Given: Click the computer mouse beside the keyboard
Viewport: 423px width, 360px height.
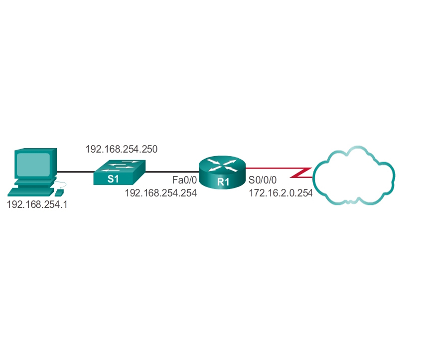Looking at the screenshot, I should (59, 192).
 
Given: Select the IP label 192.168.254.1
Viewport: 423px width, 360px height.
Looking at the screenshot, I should (37, 204).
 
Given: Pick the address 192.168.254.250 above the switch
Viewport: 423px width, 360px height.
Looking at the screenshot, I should (122, 149).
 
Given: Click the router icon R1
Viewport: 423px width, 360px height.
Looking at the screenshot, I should (222, 172).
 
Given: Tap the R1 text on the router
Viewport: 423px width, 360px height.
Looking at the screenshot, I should (223, 182).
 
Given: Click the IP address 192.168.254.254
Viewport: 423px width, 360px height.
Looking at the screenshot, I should (161, 193).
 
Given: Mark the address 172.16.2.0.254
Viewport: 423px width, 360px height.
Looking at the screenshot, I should (281, 193).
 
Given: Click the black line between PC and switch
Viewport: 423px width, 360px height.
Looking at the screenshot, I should (75, 173).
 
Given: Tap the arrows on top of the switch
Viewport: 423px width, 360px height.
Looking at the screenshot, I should (123, 166).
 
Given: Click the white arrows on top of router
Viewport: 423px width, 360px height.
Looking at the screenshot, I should (222, 165).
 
